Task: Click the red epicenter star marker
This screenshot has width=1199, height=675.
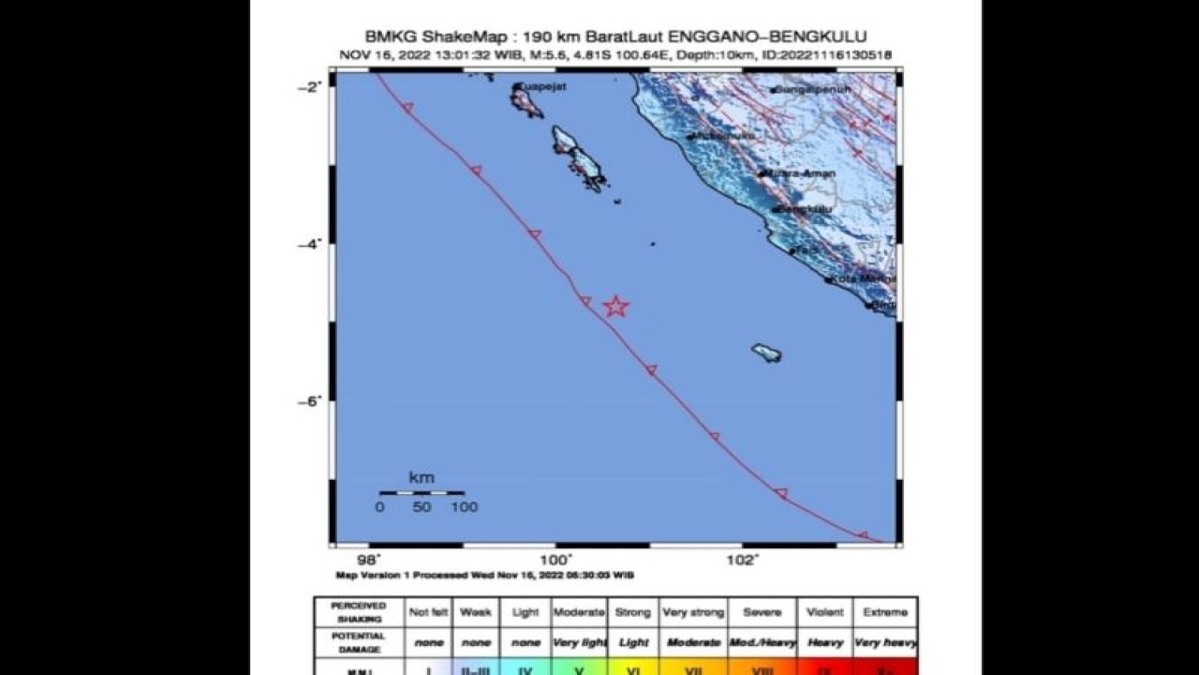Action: [614, 307]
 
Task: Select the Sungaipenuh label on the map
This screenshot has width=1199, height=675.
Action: [811, 90]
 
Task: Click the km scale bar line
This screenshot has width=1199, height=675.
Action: [422, 492]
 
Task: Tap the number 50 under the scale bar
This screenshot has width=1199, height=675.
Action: [422, 507]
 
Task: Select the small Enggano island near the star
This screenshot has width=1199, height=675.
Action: [766, 353]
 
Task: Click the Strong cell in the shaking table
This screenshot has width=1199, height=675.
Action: [632, 612]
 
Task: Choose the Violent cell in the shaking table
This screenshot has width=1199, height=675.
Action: [825, 612]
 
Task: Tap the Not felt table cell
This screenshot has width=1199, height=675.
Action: [428, 612]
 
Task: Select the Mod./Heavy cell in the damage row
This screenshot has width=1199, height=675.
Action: [762, 642]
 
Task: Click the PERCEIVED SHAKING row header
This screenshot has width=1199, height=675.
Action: [358, 612]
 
